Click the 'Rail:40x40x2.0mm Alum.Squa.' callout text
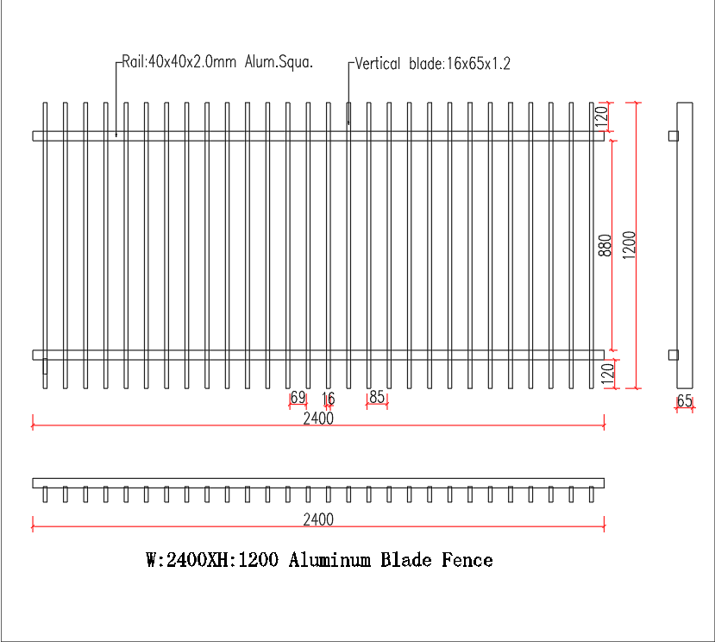[217, 61]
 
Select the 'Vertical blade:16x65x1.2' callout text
[432, 64]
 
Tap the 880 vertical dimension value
[605, 245]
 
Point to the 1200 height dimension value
[629, 245]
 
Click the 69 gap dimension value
[298, 397]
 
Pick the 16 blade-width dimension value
[329, 399]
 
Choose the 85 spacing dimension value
[377, 397]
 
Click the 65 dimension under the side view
[685, 400]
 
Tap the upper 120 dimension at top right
[602, 116]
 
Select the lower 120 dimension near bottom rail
[608, 374]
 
